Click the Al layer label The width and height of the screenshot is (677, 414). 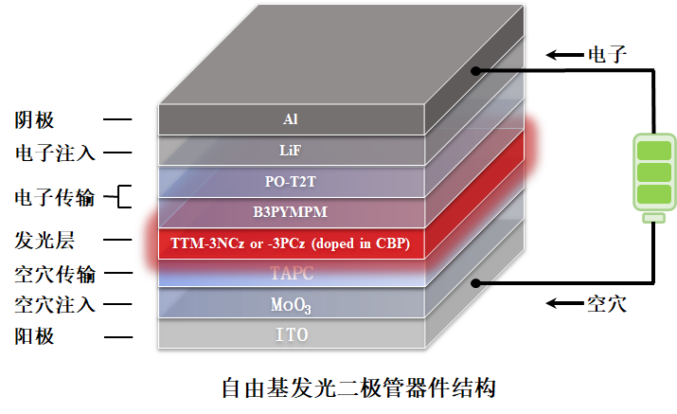291,120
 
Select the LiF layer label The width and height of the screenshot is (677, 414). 291,150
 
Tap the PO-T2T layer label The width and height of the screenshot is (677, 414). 291,181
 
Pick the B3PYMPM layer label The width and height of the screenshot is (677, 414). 291,212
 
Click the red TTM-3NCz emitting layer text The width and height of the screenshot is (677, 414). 290,243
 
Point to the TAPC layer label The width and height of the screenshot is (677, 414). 291,275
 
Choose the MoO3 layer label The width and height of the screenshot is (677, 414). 291,305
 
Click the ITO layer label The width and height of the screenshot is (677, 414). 291,335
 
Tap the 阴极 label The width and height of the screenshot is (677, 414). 35,120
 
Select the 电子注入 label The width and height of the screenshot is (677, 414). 54,152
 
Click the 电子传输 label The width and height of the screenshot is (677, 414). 54,197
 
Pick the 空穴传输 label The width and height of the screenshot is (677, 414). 54,274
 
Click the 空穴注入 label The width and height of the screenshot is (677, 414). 54,304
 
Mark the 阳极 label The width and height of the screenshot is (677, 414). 35,335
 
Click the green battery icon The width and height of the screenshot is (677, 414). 653,176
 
